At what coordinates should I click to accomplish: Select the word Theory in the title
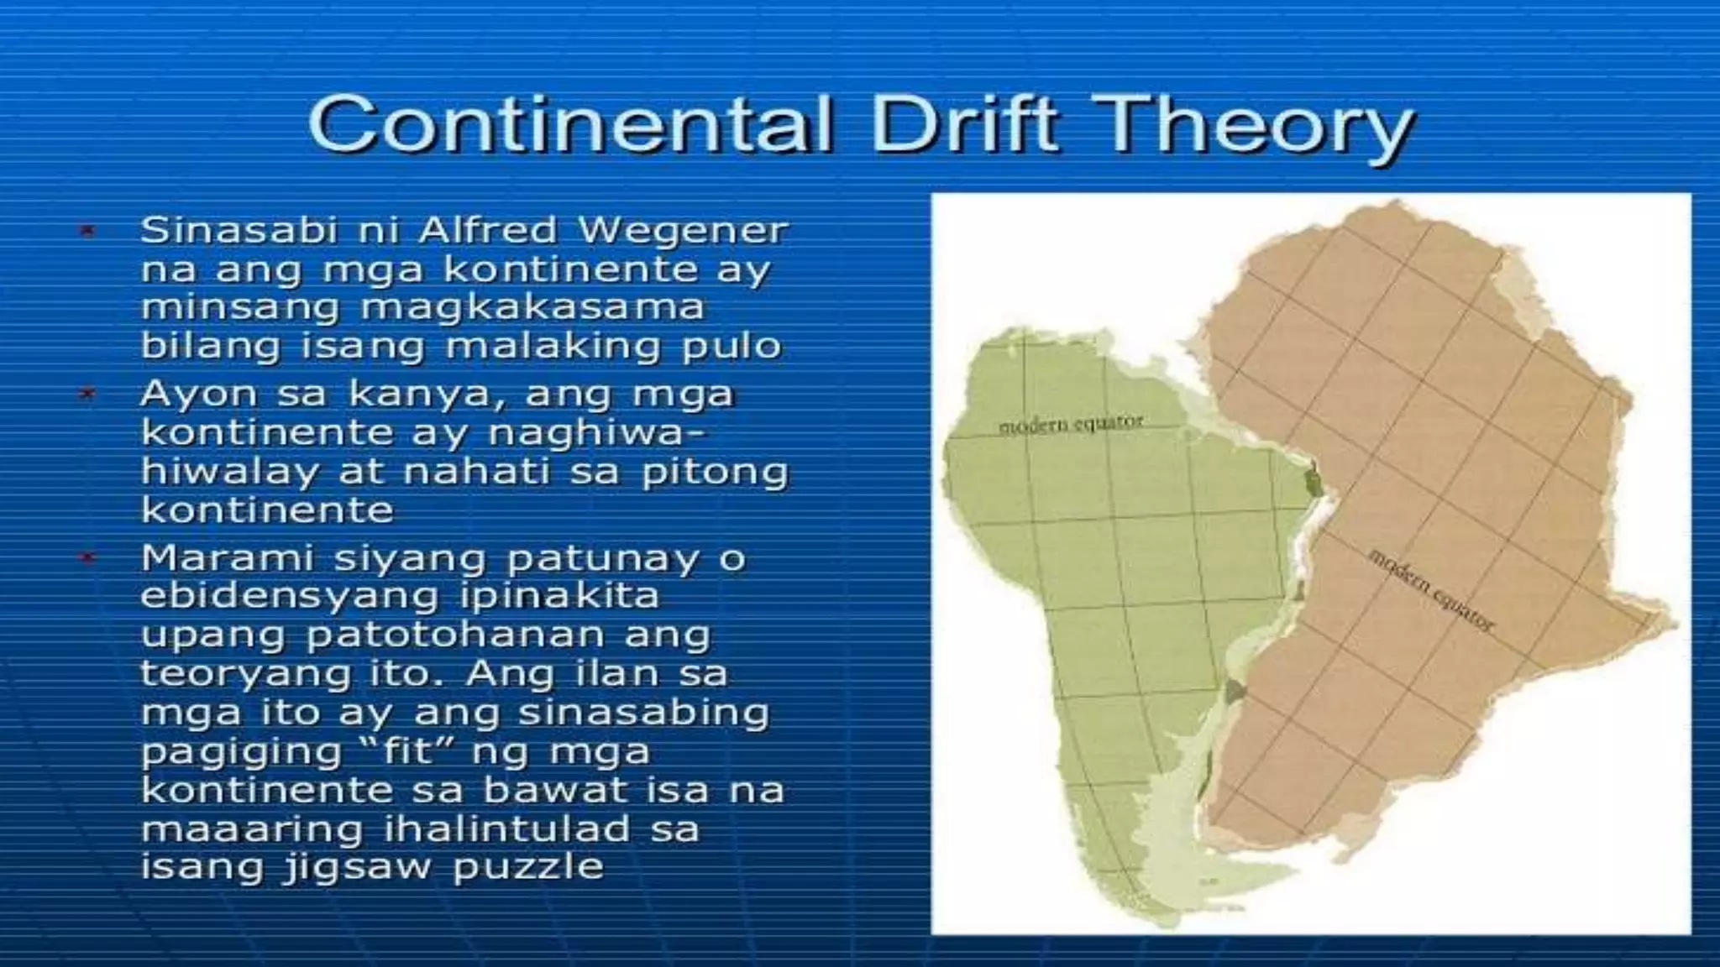pyautogui.click(x=1247, y=130)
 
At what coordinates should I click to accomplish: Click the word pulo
pyautogui.click(x=732, y=346)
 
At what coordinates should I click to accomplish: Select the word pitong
pyautogui.click(x=715, y=472)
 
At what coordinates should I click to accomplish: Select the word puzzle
pyautogui.click(x=528, y=867)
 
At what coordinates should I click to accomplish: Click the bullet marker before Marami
pyautogui.click(x=87, y=557)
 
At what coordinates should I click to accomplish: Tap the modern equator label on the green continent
pyautogui.click(x=1070, y=424)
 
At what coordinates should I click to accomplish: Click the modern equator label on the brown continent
pyautogui.click(x=1431, y=590)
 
